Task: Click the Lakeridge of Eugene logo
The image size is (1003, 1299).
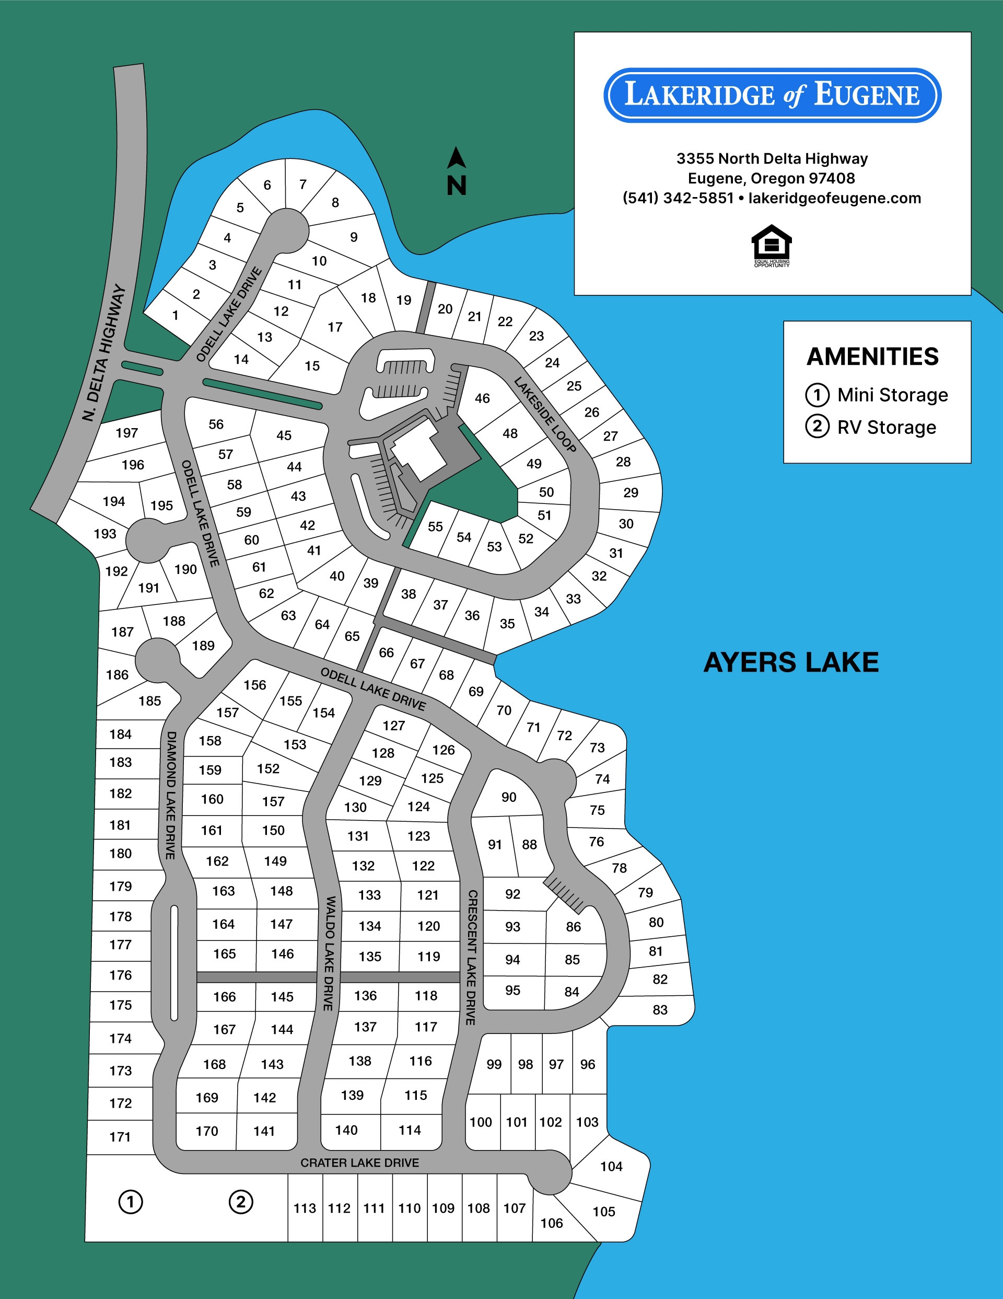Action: click(x=772, y=95)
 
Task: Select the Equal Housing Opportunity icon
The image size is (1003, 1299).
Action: click(x=771, y=246)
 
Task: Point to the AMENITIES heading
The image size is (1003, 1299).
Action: click(x=872, y=357)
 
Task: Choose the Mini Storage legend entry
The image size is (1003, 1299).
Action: click(x=877, y=395)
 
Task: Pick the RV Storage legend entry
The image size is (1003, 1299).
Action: click(x=871, y=427)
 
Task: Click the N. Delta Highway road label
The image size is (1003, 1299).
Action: click(x=104, y=353)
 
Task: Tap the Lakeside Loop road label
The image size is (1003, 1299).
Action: click(x=545, y=414)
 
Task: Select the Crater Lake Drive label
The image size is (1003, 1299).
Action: click(x=360, y=1162)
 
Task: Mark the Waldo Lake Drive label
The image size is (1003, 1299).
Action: click(x=329, y=953)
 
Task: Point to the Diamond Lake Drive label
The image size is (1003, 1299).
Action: click(x=171, y=795)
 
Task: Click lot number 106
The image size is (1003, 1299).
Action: click(x=551, y=1223)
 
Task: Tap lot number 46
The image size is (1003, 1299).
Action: click(x=482, y=398)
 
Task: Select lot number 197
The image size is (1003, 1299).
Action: click(x=126, y=433)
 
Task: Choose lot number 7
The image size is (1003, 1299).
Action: click(x=302, y=185)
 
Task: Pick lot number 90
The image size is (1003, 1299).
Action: click(x=508, y=797)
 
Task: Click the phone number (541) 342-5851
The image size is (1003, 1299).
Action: click(x=678, y=198)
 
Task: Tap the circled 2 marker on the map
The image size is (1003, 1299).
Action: click(x=241, y=1201)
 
